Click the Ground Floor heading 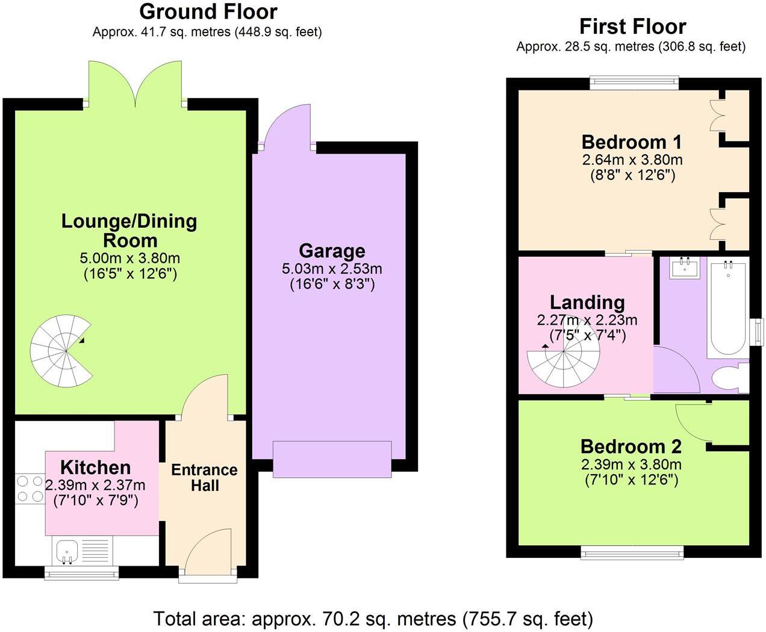[208, 11]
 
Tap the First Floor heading [632, 27]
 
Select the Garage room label [332, 251]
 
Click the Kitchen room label [95, 467]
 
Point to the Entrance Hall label [204, 478]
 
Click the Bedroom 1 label [631, 142]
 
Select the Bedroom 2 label [631, 446]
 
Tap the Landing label [587, 302]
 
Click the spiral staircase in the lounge [61, 352]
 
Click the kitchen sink [66, 551]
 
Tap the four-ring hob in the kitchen [30, 489]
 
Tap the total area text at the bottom [373, 619]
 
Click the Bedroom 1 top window [634, 83]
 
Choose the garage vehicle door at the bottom [332, 460]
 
